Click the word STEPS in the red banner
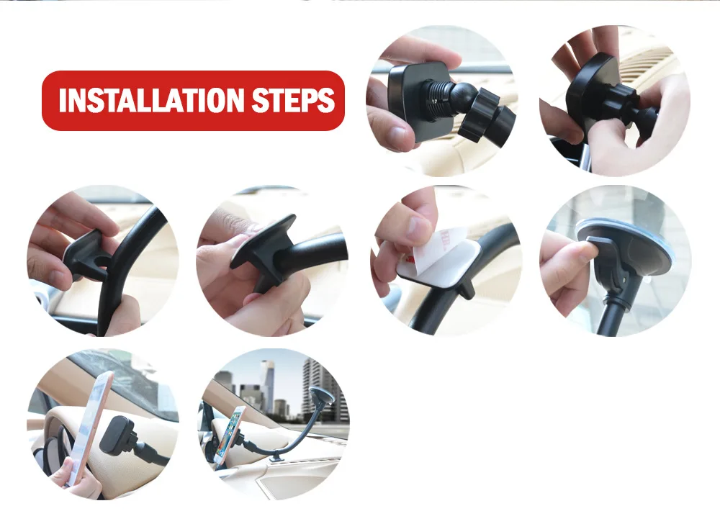294,101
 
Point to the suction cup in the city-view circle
321,397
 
